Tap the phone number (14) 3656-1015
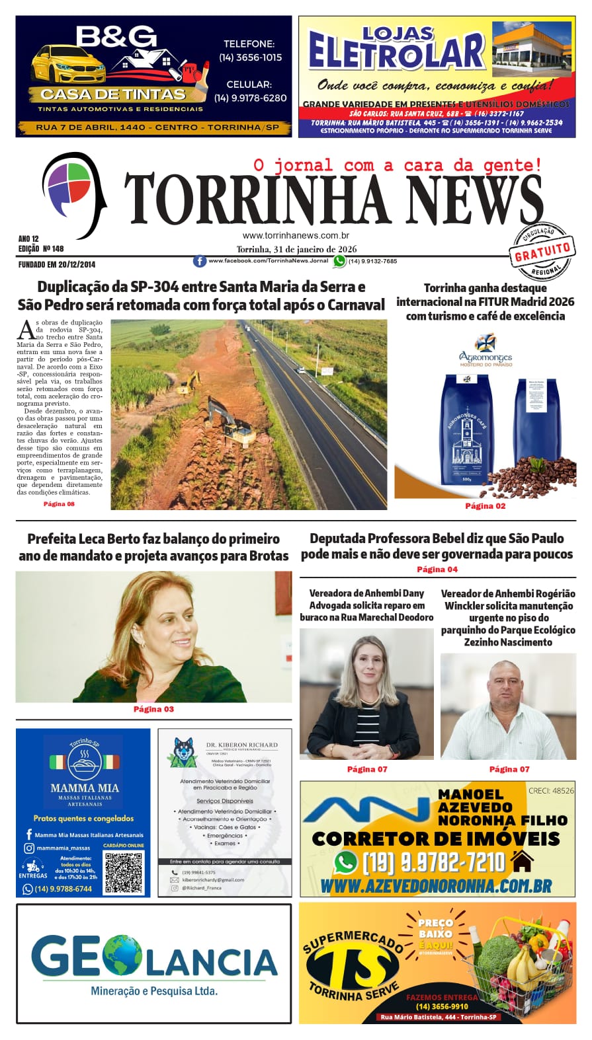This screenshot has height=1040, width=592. [x=250, y=57]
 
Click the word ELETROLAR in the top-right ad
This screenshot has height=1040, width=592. [x=396, y=52]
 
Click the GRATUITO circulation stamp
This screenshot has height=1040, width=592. [x=542, y=251]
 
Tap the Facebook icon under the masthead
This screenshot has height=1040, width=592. [x=199, y=261]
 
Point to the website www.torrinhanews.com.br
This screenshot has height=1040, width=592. [x=296, y=235]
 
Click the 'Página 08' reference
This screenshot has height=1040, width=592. [x=59, y=503]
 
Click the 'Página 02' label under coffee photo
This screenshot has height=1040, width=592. [x=485, y=506]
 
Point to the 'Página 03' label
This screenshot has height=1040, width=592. [x=153, y=709]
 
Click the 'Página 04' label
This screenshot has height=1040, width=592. [x=437, y=569]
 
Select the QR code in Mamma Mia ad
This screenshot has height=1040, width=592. [x=124, y=872]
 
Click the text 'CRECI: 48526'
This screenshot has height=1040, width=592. [x=550, y=790]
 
